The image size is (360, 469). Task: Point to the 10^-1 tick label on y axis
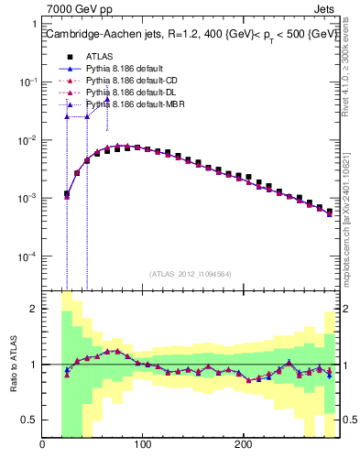(27, 82)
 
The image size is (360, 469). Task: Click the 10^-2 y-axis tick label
(27, 140)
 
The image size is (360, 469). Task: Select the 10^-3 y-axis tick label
(27, 199)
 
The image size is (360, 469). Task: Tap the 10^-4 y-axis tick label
(27, 257)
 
